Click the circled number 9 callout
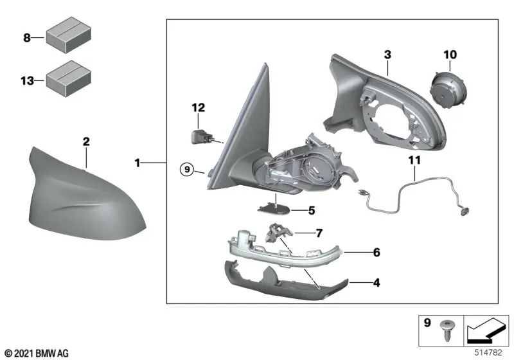point(186,170)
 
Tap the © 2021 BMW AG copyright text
point(37,353)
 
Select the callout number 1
point(137,164)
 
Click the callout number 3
point(387,55)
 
